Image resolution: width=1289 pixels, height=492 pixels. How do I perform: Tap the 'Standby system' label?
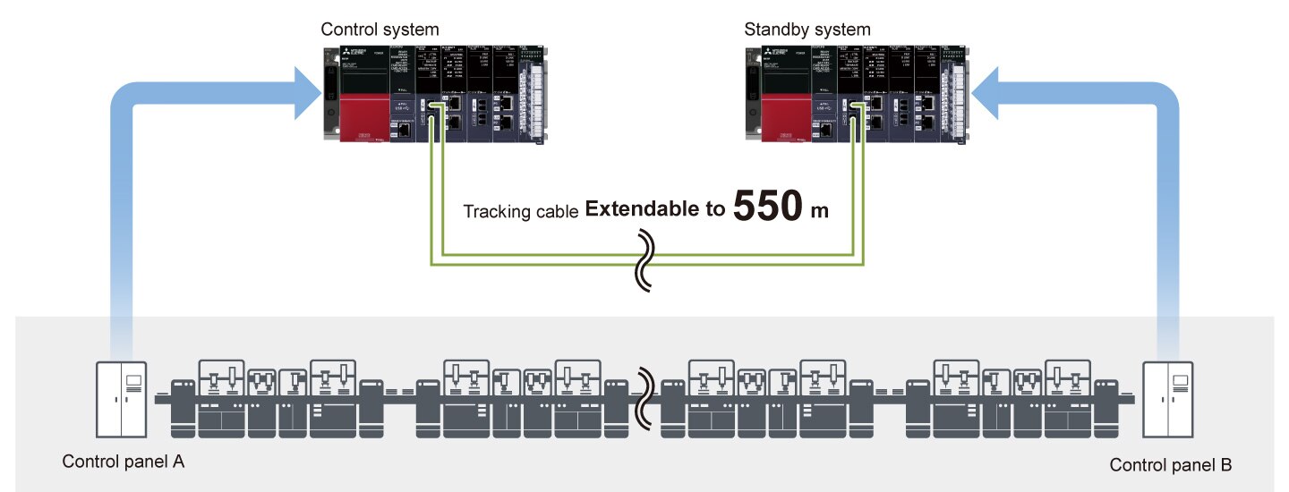coord(807,30)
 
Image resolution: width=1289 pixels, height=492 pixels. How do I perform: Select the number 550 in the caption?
coord(767,206)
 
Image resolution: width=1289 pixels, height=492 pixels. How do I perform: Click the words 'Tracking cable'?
coord(520,212)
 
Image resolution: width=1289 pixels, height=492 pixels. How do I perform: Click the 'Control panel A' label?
coord(124,462)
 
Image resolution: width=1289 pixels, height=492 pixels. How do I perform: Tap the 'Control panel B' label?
coord(1171,465)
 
